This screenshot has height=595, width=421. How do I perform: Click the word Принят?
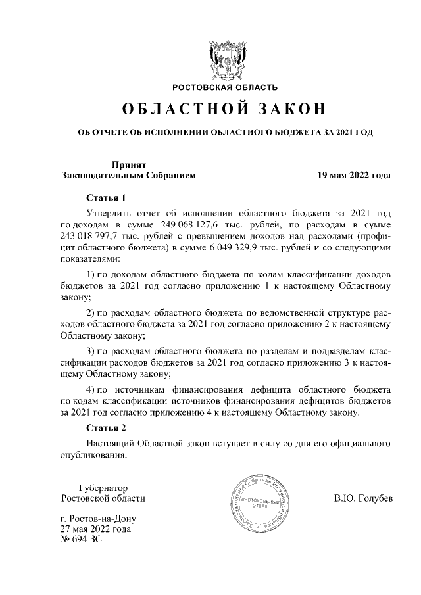tap(128, 165)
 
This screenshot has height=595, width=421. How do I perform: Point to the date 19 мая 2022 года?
tap(355, 176)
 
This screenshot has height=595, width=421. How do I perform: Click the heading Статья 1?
tap(105, 197)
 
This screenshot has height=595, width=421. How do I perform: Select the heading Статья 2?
tap(105, 429)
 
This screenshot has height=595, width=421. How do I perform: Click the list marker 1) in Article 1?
tap(92, 275)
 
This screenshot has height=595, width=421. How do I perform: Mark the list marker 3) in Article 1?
tap(92, 352)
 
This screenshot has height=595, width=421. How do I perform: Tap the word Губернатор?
tap(103, 488)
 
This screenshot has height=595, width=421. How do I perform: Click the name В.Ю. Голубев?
tap(363, 498)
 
